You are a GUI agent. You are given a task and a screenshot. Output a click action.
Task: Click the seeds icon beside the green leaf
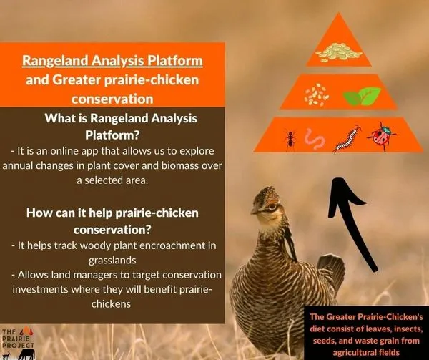[315, 94]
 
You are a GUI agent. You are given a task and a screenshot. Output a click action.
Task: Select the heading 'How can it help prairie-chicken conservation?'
[112, 220]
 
